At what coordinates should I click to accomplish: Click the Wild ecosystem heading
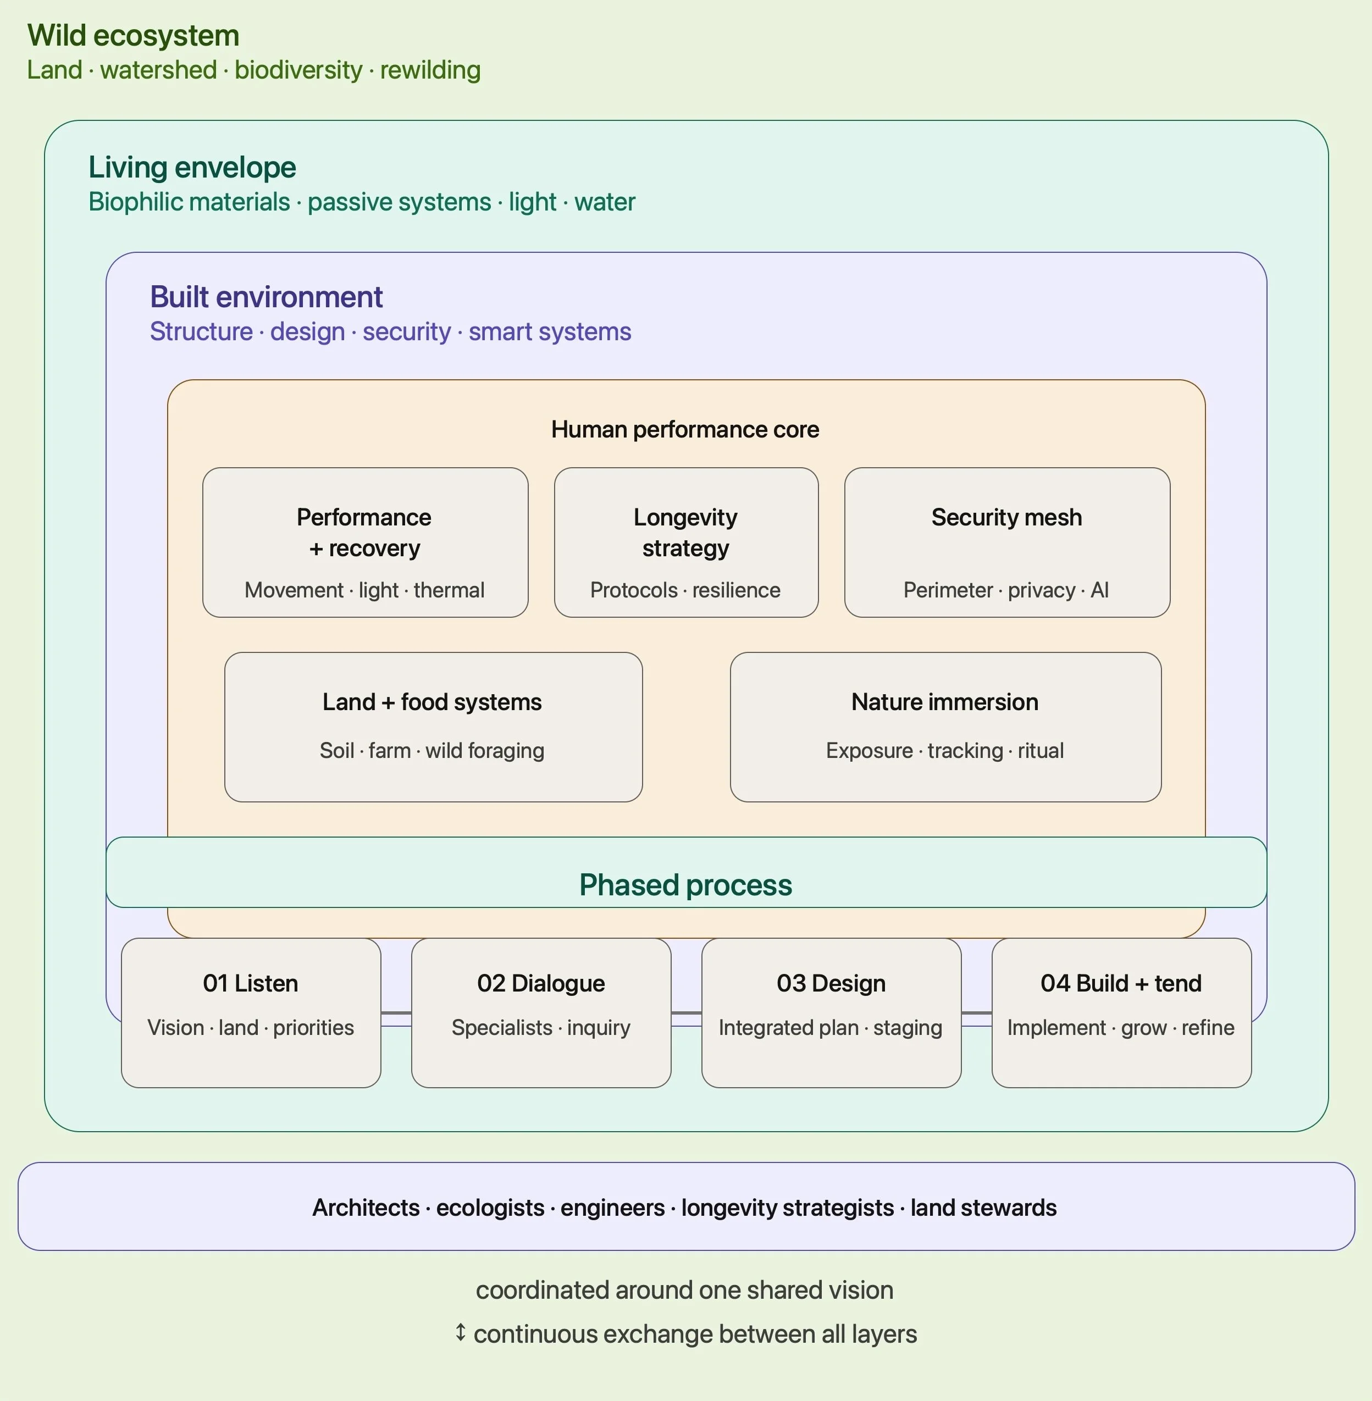coord(134,35)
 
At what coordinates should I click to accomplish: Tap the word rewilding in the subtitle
coord(430,70)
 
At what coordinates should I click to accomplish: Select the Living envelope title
coord(192,167)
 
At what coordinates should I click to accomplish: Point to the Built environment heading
coord(266,297)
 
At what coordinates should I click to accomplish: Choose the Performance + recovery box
coord(366,542)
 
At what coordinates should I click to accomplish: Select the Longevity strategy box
coord(686,542)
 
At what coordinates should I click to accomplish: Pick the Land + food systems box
coord(434,727)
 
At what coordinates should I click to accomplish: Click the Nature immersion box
coord(946,727)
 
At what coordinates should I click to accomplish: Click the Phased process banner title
coord(686,885)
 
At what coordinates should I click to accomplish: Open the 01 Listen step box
coord(251,1012)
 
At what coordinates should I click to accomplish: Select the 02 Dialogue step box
coord(541,1012)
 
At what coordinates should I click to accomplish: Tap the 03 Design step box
coord(832,1012)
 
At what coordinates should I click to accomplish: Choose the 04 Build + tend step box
coord(1122,1012)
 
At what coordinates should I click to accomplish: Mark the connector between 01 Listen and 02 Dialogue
coord(396,1014)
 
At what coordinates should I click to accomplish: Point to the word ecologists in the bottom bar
coord(490,1208)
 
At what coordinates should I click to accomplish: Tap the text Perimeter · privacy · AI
coord(1006,590)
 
